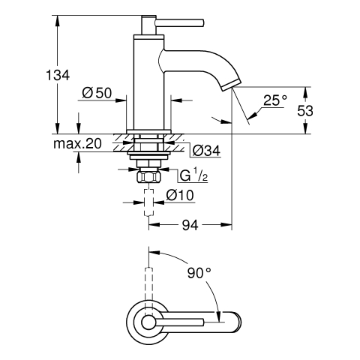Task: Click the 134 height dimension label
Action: tap(58, 75)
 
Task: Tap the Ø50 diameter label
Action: tap(97, 93)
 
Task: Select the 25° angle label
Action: tap(275, 100)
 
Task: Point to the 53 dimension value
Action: tap(305, 111)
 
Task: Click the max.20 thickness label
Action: tap(77, 144)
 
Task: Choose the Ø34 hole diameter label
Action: tap(206, 151)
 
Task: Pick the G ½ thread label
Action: tap(193, 175)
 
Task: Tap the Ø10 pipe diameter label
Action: tap(180, 195)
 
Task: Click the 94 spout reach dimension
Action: tap(190, 225)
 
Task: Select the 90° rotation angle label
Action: tap(199, 273)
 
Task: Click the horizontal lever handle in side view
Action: tap(180, 22)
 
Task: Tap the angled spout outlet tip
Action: tap(232, 85)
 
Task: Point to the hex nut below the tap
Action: tap(148, 177)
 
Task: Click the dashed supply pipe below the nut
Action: tap(148, 202)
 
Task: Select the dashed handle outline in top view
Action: tap(148, 290)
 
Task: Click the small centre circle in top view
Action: tap(148, 322)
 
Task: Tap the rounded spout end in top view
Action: tap(235, 322)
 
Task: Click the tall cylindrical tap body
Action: tap(148, 82)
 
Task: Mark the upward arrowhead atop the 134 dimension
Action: tap(58, 20)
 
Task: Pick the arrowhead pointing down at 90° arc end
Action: tap(219, 316)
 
